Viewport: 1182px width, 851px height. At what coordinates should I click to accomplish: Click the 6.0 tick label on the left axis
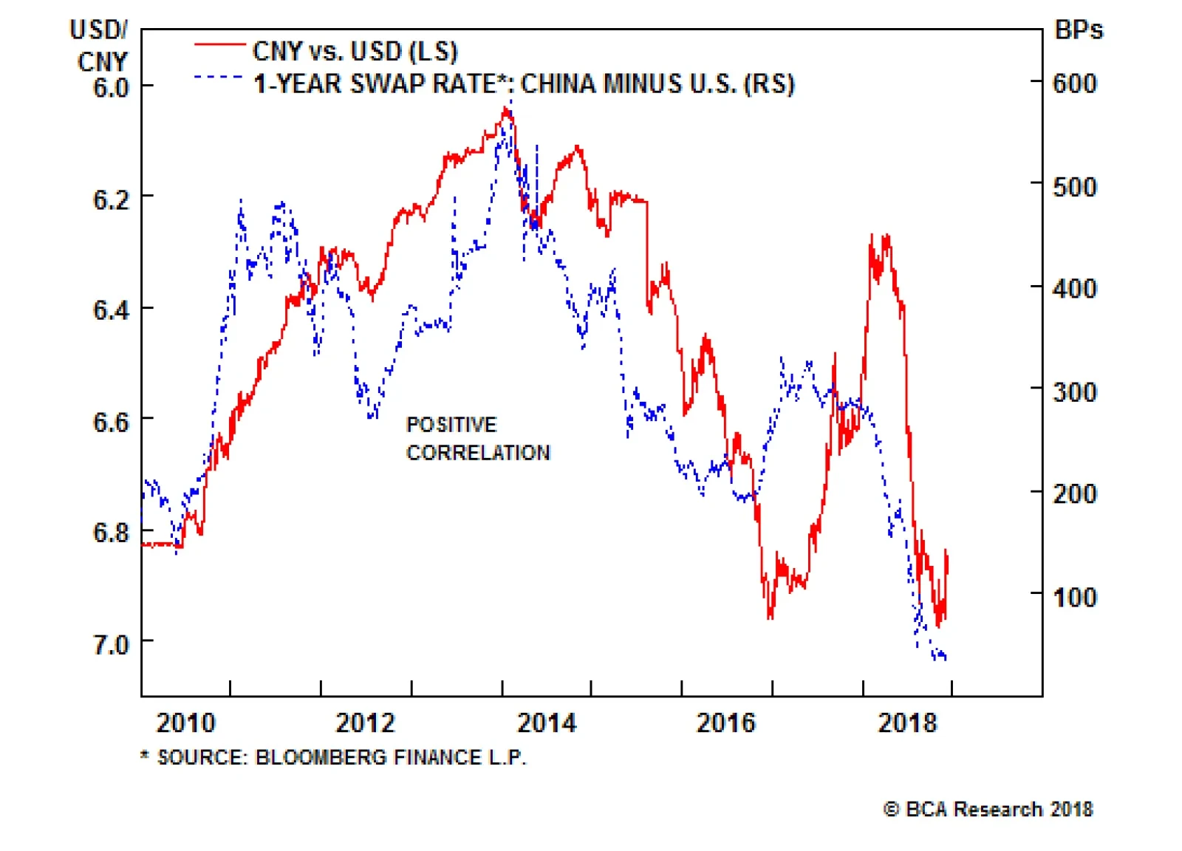(111, 88)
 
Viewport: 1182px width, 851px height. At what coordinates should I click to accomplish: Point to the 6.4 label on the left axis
(111, 310)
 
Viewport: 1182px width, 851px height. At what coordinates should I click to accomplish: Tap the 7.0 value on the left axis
(111, 645)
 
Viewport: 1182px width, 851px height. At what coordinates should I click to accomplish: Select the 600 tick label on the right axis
(1075, 83)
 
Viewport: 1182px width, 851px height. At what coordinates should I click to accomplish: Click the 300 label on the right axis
(1075, 392)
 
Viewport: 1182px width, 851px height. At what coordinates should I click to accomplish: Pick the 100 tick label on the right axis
(1075, 597)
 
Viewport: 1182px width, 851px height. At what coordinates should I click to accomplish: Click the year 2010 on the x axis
(185, 722)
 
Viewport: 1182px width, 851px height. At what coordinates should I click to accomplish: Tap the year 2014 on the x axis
(547, 722)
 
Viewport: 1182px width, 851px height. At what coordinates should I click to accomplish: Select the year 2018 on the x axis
(907, 722)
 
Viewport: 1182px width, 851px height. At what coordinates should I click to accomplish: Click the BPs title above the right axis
(1079, 30)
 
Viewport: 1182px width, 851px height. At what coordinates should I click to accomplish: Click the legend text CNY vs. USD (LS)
(355, 51)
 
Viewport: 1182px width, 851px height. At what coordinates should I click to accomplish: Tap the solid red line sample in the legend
(219, 45)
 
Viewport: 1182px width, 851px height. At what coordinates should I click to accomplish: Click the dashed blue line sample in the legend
(219, 77)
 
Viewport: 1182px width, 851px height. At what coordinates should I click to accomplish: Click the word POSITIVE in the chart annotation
(451, 425)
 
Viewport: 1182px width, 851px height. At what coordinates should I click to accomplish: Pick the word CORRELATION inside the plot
(478, 452)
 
